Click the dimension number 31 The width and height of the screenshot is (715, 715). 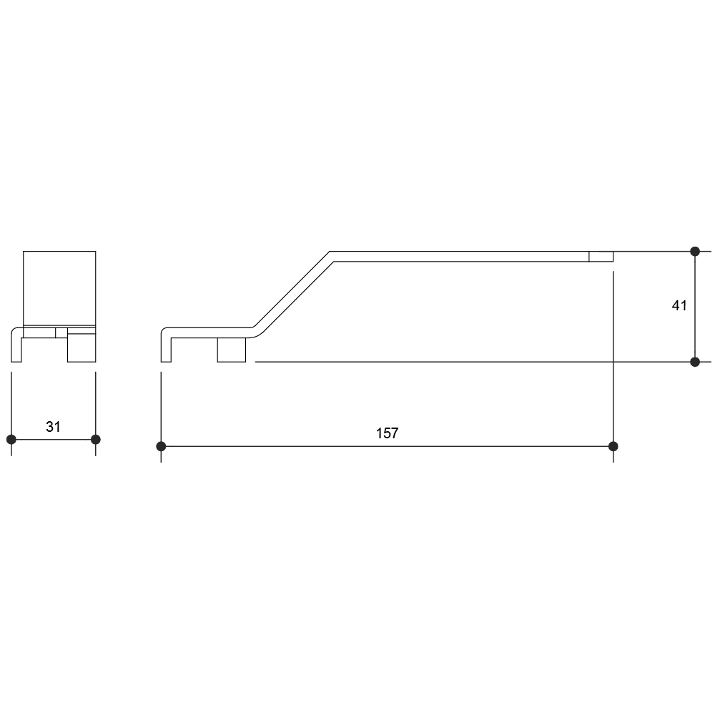pyautogui.click(x=53, y=427)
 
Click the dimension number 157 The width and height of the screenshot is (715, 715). pyautogui.click(x=387, y=433)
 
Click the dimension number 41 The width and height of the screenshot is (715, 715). pyautogui.click(x=679, y=305)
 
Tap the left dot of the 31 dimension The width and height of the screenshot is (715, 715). pyautogui.click(x=11, y=440)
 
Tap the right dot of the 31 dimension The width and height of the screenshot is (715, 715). pyautogui.click(x=95, y=440)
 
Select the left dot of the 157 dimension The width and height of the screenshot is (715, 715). pyautogui.click(x=161, y=446)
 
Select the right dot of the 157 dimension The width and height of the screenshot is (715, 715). pyautogui.click(x=613, y=446)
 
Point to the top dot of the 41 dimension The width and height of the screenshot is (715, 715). pyautogui.click(x=695, y=251)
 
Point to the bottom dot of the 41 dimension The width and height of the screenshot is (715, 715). pyautogui.click(x=695, y=362)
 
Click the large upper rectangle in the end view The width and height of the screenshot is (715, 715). pyautogui.click(x=59, y=288)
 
